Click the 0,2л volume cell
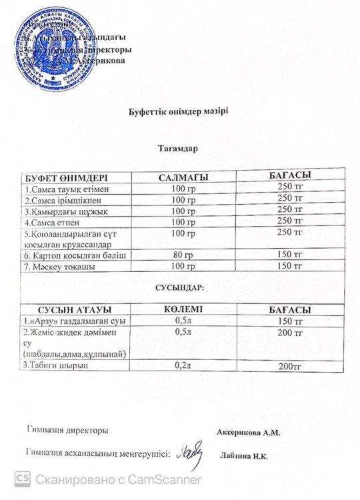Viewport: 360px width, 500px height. (181, 365)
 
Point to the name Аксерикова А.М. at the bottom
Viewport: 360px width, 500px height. (249, 432)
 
